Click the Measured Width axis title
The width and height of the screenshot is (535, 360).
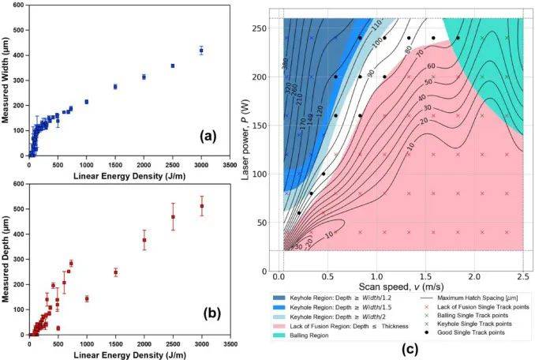tap(6, 80)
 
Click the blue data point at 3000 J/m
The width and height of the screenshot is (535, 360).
tap(201, 51)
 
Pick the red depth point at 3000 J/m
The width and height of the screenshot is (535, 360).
tap(201, 206)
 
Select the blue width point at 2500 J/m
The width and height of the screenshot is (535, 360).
tap(173, 66)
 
